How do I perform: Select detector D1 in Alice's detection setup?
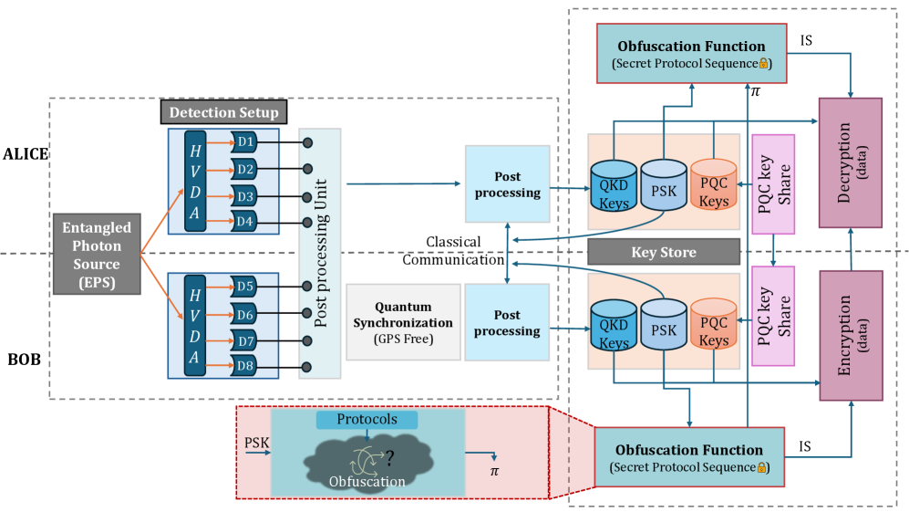[x=243, y=143]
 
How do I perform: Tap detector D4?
[x=243, y=221]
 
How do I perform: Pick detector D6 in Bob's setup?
[x=243, y=315]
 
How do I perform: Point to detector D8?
[x=243, y=367]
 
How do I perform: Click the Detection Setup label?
[x=223, y=112]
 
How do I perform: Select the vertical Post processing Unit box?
[x=320, y=254]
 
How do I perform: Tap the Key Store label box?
[x=663, y=252]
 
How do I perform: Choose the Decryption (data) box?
[x=851, y=162]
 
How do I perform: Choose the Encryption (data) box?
[x=851, y=336]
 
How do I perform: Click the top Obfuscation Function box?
[x=691, y=52]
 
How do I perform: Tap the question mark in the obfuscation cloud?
[x=388, y=456]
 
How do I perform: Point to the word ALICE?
[x=26, y=153]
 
